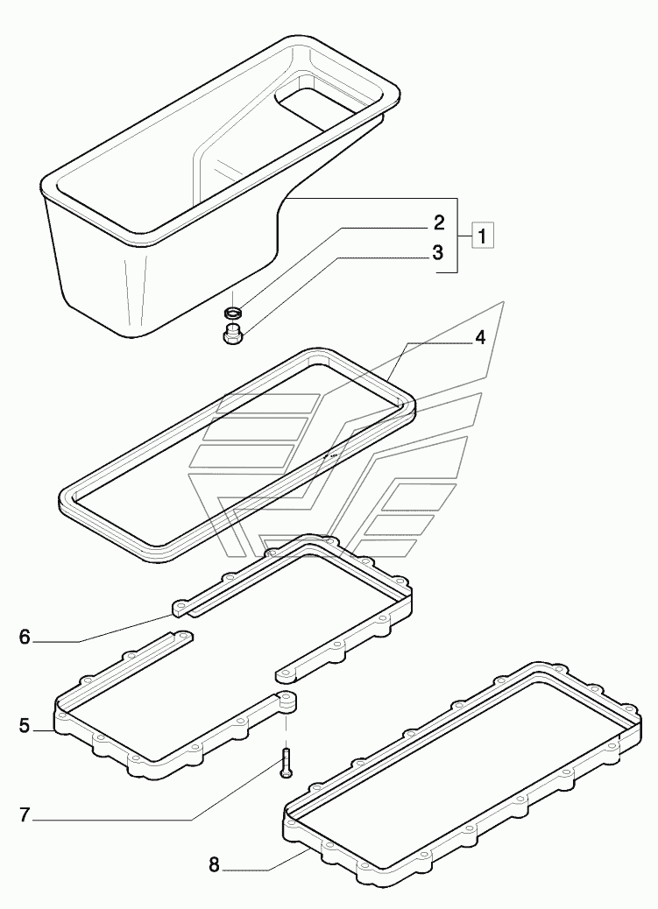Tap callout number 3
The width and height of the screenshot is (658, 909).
point(438,253)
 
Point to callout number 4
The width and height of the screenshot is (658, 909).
point(479,339)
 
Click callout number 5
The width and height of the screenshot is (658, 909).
point(25,725)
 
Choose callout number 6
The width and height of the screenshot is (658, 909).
point(25,638)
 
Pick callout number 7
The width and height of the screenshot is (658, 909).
point(25,815)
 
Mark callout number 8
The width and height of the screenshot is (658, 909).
point(214,865)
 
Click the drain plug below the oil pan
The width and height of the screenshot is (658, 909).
point(232,334)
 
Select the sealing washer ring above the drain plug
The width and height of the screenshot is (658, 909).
point(232,312)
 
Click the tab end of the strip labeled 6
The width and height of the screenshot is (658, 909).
point(182,607)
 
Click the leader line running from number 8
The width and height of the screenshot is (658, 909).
point(263,862)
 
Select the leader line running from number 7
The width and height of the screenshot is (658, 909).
point(131,820)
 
